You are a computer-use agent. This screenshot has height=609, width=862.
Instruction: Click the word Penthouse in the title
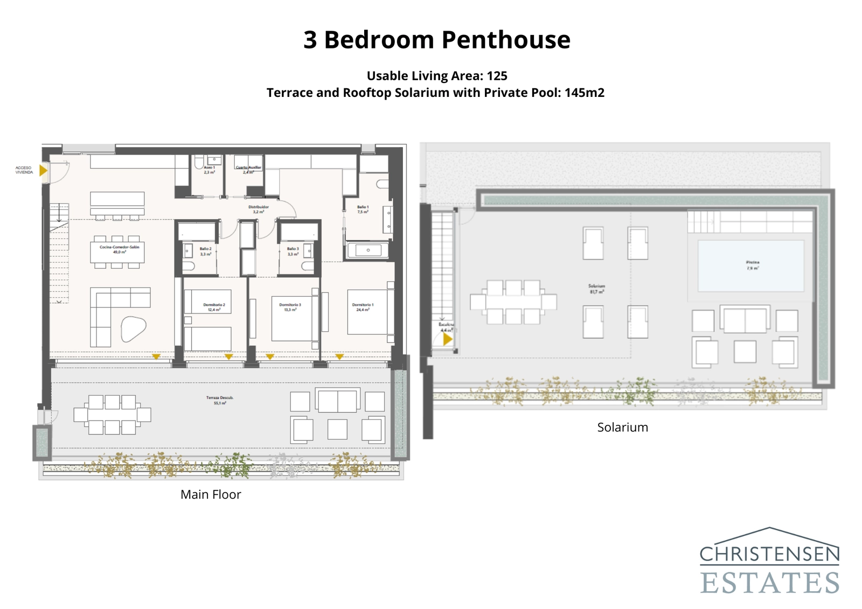tap(506, 40)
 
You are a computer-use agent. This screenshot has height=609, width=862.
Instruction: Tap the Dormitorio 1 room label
tap(363, 307)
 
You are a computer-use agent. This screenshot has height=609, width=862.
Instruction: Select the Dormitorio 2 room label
tap(214, 307)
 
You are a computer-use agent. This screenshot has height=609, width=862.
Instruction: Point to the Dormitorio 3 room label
tap(290, 307)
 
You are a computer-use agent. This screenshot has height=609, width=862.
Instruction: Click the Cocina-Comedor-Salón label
tap(119, 249)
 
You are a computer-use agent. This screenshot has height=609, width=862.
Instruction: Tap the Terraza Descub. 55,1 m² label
tap(219, 400)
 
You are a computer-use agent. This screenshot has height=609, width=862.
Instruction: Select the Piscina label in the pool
tap(753, 265)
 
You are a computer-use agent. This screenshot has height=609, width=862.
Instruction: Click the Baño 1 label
tap(363, 209)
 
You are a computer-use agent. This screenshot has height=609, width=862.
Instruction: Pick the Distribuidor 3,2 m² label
tap(258, 209)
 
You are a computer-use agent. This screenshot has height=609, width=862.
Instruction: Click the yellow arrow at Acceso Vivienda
tap(43, 171)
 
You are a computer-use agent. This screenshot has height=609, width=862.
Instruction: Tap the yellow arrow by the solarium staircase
tap(447, 340)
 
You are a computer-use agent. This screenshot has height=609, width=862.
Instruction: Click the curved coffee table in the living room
tap(133, 328)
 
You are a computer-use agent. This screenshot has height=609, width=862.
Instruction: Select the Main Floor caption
tap(211, 494)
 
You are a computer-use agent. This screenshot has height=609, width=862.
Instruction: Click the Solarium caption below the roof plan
tap(622, 428)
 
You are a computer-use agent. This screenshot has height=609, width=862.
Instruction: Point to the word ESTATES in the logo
tap(769, 583)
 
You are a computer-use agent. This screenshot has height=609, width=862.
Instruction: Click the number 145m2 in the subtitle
tap(584, 93)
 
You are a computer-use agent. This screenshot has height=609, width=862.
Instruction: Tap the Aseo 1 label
tap(209, 170)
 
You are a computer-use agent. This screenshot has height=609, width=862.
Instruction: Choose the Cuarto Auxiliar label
tap(248, 170)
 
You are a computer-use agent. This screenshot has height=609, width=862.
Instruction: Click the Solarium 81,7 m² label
tap(596, 289)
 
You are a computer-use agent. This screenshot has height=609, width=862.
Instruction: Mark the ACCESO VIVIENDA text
tap(24, 170)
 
